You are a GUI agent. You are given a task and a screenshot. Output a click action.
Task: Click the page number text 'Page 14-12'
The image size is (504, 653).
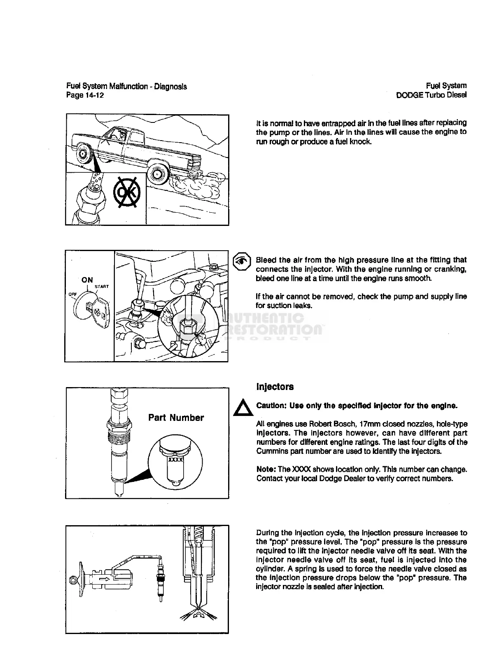click(x=85, y=96)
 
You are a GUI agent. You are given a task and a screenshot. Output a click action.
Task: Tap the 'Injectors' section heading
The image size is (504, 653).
click(x=275, y=387)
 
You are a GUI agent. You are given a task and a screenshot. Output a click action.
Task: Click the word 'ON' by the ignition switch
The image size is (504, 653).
click(x=87, y=280)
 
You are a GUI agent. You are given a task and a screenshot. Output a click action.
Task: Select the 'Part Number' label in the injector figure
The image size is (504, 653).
click(x=176, y=418)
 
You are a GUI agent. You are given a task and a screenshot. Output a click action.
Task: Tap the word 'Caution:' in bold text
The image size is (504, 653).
click(x=271, y=405)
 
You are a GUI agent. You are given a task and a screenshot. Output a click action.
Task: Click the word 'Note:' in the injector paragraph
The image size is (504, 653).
click(x=266, y=469)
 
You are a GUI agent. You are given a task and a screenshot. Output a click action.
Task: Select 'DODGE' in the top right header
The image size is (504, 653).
click(x=408, y=95)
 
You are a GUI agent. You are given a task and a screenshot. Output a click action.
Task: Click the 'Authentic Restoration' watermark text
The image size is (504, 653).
click(x=272, y=324)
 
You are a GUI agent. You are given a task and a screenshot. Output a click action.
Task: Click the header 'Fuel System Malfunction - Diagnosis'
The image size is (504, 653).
click(x=126, y=86)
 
